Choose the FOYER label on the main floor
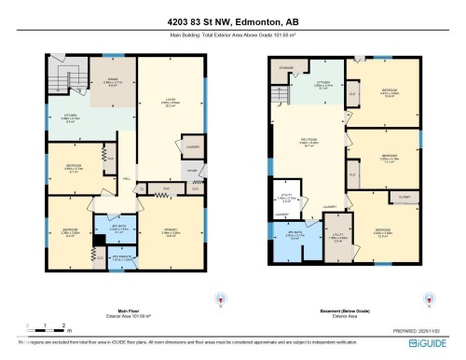pos(191,172)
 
